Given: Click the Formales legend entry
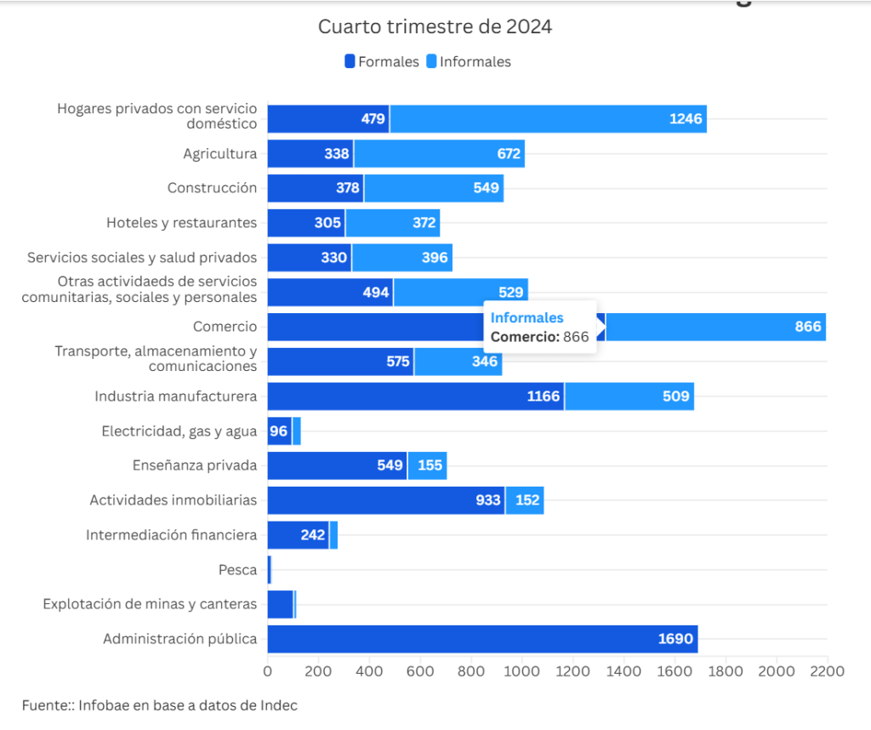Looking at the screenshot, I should point(382,61).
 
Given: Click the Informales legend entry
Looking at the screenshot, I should point(469,61).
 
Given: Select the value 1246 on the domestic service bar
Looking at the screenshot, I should point(685,119).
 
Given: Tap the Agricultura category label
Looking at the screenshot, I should point(219,154).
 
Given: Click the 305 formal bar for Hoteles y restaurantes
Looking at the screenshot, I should point(306,223).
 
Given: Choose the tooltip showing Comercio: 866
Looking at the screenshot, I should point(540,327).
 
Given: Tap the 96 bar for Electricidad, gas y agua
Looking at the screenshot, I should point(280,431).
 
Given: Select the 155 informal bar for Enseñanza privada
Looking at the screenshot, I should point(427,466).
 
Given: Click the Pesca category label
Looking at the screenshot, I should point(237,570).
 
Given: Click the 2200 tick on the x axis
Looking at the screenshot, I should point(827,671).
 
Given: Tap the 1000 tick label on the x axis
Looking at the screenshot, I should point(521,671).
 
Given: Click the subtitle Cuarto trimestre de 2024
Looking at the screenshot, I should point(435,26).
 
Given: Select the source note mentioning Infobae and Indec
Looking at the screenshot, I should point(160,704).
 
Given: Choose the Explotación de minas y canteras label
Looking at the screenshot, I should point(150,604).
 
